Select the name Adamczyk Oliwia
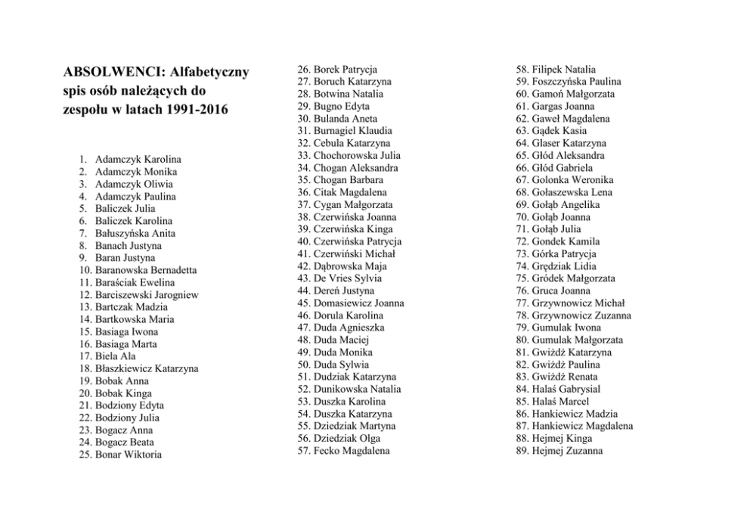pos(134,185)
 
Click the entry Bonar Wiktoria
pos(128,455)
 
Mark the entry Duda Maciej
pos(341,340)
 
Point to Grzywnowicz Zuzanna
pos(581,315)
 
